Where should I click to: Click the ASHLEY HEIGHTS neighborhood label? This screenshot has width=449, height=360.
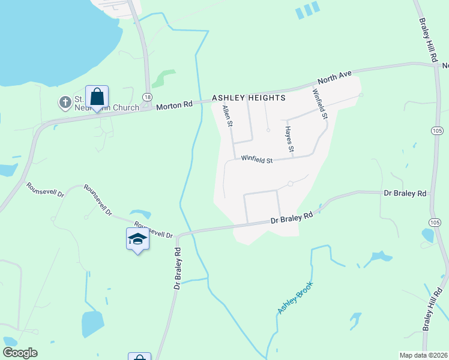248,97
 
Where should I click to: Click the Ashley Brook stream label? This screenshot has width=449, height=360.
295,298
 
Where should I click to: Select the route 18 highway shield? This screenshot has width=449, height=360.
147,97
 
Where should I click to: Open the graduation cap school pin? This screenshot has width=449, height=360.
137,239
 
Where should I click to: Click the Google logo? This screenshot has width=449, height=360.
20,353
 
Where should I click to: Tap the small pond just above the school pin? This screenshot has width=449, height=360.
140,213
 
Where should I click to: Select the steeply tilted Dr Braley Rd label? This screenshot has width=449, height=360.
178,268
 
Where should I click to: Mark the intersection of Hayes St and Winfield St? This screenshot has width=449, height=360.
292,158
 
